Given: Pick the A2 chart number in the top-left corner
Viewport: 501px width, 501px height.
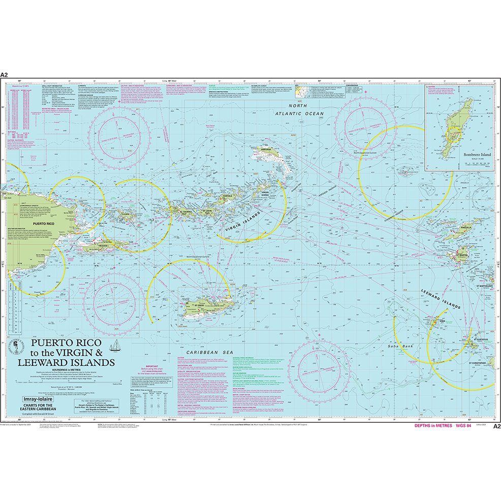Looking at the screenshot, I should [x=5, y=75].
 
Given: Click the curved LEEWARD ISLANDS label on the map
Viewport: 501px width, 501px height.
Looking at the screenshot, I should [x=440, y=299].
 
